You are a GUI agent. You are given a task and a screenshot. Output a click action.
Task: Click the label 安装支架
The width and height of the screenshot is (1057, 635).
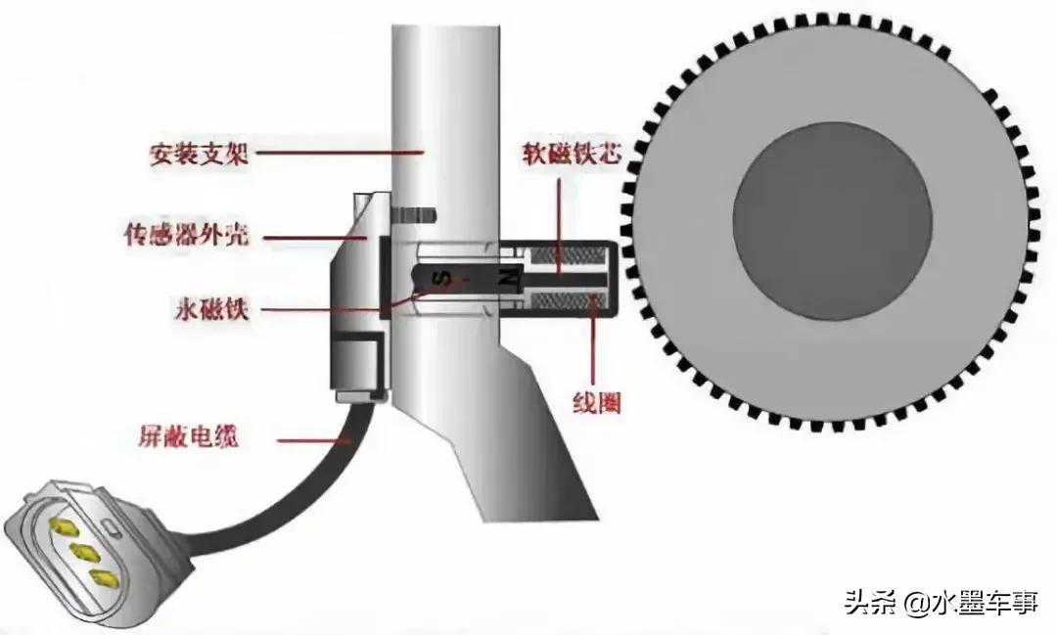199,155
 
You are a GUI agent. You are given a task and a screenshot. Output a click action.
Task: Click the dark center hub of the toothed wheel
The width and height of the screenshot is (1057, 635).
832,221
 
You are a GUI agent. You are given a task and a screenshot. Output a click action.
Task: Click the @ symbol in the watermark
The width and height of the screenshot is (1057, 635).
916,602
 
